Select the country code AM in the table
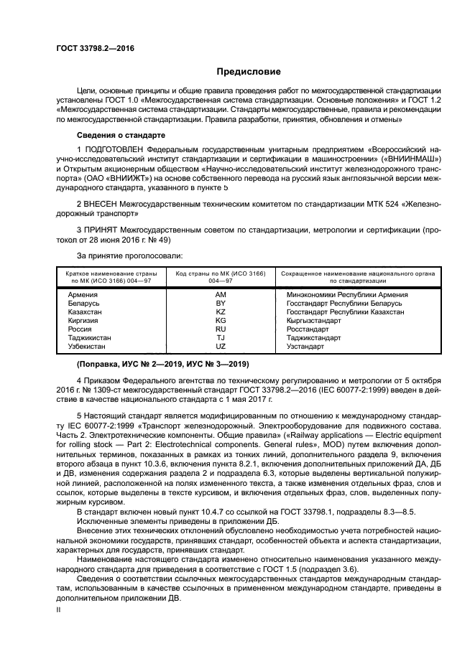(x=221, y=295)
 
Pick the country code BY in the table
(x=221, y=304)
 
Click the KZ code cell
(x=221, y=312)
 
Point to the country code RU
(x=221, y=329)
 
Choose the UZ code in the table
(x=221, y=347)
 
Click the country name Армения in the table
(x=83, y=295)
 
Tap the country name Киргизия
(x=84, y=321)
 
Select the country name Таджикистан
(x=90, y=338)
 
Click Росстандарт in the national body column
(x=308, y=329)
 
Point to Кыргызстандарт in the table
(x=313, y=321)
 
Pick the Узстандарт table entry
(x=305, y=347)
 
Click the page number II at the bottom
(x=60, y=609)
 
